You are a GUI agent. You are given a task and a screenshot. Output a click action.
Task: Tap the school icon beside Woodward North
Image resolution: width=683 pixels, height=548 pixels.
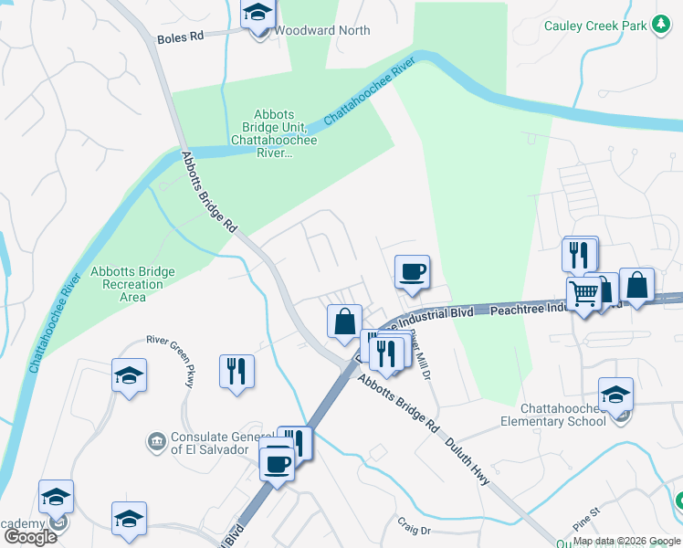257,16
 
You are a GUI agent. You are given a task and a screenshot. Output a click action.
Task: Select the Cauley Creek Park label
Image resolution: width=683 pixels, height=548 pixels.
595,26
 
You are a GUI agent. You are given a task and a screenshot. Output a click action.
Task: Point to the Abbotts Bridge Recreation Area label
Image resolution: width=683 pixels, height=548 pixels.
132,284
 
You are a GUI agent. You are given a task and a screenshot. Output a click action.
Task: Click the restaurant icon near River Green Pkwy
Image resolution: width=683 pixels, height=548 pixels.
236,371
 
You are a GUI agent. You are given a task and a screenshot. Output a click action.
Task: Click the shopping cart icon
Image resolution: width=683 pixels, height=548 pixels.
584,294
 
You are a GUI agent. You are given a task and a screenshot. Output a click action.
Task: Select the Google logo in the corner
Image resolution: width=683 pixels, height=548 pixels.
30,537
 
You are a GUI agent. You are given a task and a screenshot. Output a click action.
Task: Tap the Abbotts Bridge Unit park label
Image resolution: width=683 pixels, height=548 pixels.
275,133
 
